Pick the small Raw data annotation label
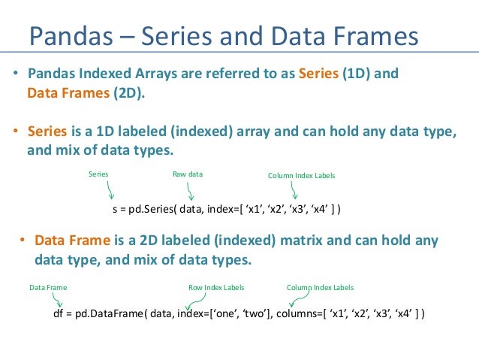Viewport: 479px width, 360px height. point(188,174)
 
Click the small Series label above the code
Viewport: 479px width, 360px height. point(98,174)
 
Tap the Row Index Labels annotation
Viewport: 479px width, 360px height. point(216,288)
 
